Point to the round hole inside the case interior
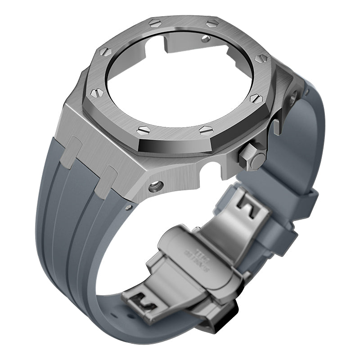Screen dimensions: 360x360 [x=206, y=39]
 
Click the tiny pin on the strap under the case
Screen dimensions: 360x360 [x=129, y=207]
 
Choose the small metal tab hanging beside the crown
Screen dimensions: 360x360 [x=275, y=126]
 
